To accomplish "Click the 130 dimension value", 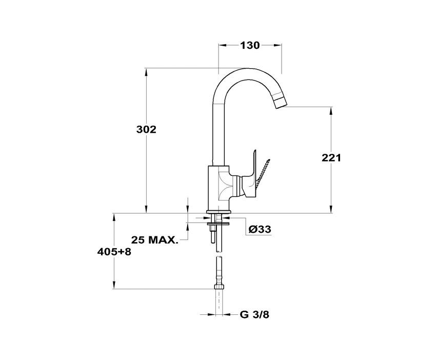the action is coord(250,45).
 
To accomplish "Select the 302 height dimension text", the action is coord(146,129).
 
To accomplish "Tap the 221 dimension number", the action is coord(331,158).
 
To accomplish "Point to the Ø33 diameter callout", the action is coord(260,229).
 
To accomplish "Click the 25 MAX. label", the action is coord(154,240).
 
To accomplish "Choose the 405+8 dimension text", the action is coord(114,252).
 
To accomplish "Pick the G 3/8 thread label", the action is coord(254,315).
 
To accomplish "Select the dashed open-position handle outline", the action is coord(263,172).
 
